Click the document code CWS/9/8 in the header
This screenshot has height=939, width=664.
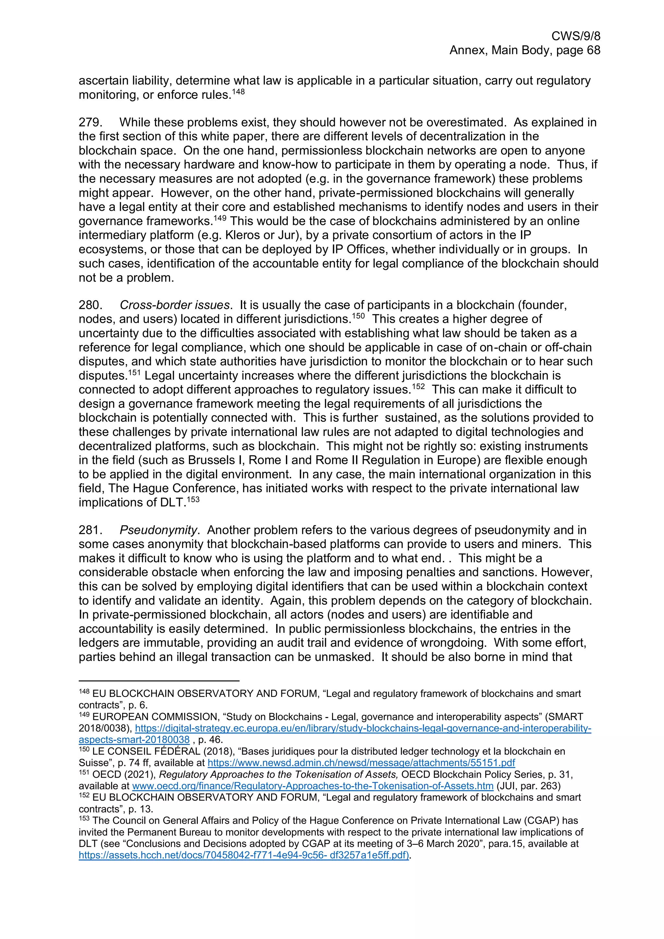(x=575, y=36)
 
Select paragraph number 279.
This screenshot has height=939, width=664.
(x=90, y=122)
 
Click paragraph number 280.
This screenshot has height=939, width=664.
(x=90, y=305)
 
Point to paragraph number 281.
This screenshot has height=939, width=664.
(x=90, y=530)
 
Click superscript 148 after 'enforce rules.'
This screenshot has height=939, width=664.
(x=238, y=92)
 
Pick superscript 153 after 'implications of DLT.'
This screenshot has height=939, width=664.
(x=193, y=500)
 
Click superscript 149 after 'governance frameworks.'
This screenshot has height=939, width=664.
(x=220, y=218)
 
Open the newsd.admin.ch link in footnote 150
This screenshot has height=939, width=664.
(x=361, y=763)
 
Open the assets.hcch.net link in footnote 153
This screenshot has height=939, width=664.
(x=244, y=855)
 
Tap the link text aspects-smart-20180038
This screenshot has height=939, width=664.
(x=134, y=740)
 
